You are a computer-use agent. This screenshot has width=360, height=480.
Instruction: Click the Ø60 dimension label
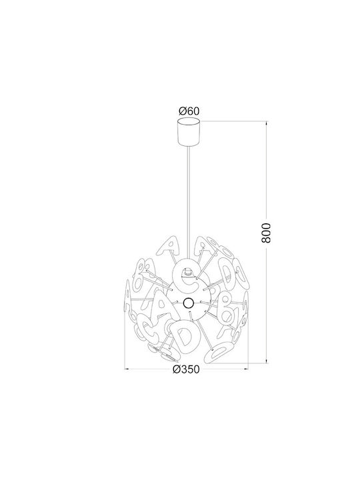pyautogui.click(x=189, y=111)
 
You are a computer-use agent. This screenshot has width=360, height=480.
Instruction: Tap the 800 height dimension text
pyautogui.click(x=266, y=233)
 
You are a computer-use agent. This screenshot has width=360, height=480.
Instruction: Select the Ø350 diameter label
pyautogui.click(x=186, y=369)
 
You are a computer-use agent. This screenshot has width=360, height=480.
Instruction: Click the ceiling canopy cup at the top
pyautogui.click(x=189, y=131)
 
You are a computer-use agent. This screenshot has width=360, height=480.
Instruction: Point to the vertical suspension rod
pyautogui.click(x=189, y=203)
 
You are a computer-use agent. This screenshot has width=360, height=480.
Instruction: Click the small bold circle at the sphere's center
pyautogui.click(x=187, y=303)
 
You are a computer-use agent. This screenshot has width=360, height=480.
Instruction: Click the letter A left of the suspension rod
pyautogui.click(x=168, y=246)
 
